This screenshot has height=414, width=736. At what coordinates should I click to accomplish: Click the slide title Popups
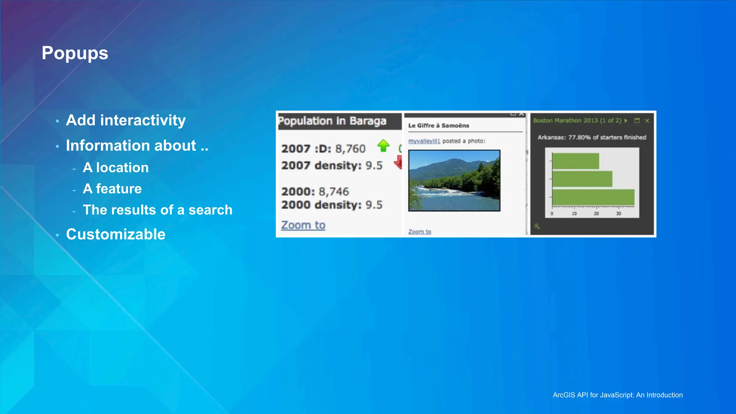point(75,53)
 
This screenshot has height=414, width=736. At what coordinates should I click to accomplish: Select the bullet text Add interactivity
point(126,120)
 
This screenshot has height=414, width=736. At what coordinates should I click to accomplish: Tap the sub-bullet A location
point(115,167)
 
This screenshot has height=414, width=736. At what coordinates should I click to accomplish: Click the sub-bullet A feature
point(112,189)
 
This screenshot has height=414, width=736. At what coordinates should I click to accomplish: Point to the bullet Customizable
point(116,234)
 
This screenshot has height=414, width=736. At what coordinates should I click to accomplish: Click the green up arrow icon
point(383,146)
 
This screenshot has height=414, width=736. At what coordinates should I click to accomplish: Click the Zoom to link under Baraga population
point(303,225)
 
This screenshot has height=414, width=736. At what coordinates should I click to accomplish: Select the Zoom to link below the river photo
point(419,231)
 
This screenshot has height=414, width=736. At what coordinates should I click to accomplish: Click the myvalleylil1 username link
point(424,141)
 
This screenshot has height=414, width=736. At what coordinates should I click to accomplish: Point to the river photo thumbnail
point(454,180)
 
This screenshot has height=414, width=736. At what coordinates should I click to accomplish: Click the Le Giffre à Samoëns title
point(438,125)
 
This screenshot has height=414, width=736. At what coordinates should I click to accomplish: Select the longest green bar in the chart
point(593,197)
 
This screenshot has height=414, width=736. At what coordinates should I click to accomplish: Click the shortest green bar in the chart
point(575,161)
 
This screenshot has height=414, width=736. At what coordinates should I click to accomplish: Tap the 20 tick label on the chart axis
point(596,213)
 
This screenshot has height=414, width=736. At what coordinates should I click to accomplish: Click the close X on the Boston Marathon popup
point(647,121)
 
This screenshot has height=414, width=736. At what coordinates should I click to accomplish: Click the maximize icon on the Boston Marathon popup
point(637,121)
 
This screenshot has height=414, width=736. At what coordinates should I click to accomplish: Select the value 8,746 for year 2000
point(333,192)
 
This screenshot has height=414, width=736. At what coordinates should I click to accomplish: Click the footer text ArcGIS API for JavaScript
point(617,395)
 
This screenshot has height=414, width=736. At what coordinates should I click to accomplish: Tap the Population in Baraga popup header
point(332,121)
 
